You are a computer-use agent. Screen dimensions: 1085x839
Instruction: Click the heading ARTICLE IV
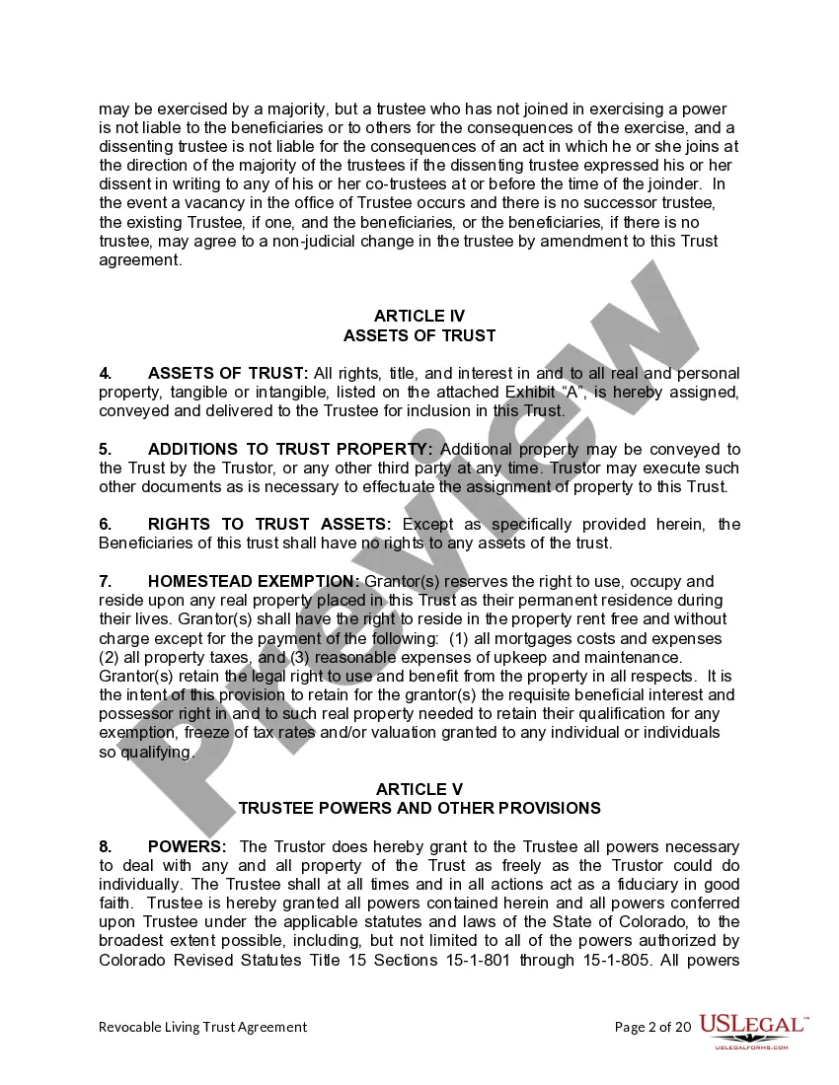[x=419, y=316]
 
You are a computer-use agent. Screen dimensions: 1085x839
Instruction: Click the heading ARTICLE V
[x=419, y=789]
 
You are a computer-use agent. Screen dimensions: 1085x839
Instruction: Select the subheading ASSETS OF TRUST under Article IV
[x=419, y=335]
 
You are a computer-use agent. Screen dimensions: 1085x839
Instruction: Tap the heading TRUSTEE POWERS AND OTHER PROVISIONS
[x=419, y=808]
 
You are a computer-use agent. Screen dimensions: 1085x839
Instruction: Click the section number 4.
[x=106, y=373]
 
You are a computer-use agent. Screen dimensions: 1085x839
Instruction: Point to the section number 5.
[x=106, y=449]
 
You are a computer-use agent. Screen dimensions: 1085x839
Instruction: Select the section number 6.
[x=106, y=524]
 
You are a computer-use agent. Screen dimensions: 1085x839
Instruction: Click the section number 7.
[x=106, y=581]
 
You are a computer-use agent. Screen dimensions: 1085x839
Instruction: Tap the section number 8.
[x=106, y=846]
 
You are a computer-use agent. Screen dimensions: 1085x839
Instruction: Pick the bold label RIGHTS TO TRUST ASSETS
[x=268, y=524]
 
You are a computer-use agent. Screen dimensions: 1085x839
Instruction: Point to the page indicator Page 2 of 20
[x=652, y=1027]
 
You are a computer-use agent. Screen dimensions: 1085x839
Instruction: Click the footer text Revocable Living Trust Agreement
[x=202, y=1027]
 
